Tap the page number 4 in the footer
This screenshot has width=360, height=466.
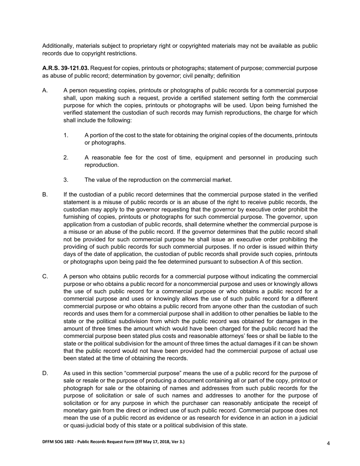tap(328, 443)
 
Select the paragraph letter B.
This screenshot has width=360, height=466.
tap(45, 195)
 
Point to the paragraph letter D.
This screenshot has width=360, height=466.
tap(45, 374)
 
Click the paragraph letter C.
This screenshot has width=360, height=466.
tap(45, 277)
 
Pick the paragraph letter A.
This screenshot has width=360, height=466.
tap(45, 91)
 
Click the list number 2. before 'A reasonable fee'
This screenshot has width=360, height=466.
tap(66, 158)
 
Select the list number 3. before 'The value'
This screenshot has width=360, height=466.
tap(66, 180)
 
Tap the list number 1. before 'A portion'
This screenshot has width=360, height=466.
tap(66, 135)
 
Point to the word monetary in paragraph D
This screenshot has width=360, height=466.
tap(77, 411)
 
